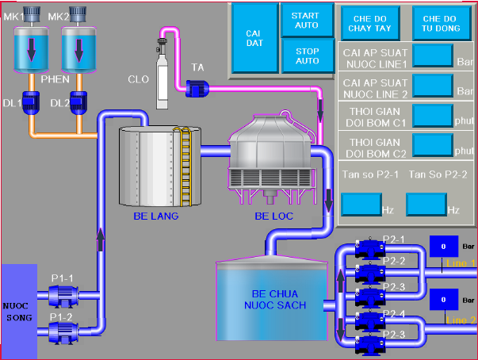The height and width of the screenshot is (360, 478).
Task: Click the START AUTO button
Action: (307, 21)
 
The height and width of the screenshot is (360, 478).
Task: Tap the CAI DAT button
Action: (254, 38)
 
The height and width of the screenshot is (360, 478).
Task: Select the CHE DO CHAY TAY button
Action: (370, 24)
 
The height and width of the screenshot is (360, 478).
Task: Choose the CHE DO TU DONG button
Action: (442, 24)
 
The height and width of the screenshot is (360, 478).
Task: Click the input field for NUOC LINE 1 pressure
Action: (433, 56)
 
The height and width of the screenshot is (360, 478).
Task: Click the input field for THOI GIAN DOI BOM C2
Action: (433, 146)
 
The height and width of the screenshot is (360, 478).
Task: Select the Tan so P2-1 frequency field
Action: (361, 205)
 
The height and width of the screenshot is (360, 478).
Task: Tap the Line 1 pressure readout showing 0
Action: (444, 247)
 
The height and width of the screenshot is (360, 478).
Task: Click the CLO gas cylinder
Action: (162, 74)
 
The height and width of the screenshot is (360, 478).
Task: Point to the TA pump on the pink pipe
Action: (197, 89)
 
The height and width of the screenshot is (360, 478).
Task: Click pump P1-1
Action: (63, 296)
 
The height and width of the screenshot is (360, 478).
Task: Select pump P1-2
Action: (63, 332)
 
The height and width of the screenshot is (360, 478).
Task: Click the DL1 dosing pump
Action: (31, 103)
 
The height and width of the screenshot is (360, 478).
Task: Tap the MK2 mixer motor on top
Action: (78, 14)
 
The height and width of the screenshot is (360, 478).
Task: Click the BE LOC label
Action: (273, 216)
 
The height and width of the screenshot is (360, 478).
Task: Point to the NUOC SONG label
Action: (17, 312)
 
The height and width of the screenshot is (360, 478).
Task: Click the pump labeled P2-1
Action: (369, 248)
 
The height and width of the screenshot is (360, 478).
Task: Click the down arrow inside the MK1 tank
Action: (32, 50)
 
